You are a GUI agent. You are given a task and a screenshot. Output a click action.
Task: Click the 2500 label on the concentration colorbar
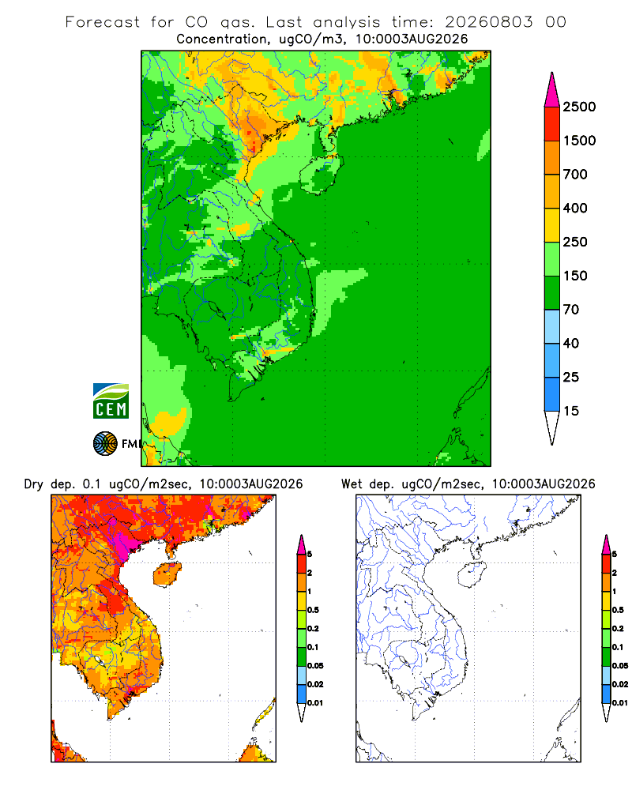point(579,107)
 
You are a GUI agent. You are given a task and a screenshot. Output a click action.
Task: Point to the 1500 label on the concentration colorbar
point(579,141)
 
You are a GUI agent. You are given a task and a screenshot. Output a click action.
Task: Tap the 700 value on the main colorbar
point(575,175)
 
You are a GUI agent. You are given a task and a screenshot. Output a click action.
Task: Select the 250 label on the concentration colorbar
point(575,242)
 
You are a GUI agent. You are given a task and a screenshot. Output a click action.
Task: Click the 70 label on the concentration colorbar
point(571,310)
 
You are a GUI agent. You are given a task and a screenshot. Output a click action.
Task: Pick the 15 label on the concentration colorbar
point(571,411)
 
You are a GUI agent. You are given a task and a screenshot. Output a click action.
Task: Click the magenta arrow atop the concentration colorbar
point(552,90)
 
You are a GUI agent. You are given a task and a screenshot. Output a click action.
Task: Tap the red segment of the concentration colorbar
point(552,124)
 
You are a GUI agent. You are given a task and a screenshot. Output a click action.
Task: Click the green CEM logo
point(111,401)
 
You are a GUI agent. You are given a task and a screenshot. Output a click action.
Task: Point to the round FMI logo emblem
point(105,444)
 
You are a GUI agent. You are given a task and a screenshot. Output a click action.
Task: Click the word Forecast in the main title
point(103,22)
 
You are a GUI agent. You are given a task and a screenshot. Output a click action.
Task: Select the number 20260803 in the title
point(488,22)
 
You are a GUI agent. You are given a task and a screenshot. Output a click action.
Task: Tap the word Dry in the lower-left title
point(33,484)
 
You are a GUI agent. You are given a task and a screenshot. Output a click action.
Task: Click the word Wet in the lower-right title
point(352,484)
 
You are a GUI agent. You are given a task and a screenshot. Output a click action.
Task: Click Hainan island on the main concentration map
point(322,174)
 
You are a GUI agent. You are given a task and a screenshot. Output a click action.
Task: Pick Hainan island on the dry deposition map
point(167,574)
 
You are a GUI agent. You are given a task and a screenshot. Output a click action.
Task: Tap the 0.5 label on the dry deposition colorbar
point(313,610)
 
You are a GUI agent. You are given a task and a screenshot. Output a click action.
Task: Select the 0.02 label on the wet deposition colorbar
point(620,684)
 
